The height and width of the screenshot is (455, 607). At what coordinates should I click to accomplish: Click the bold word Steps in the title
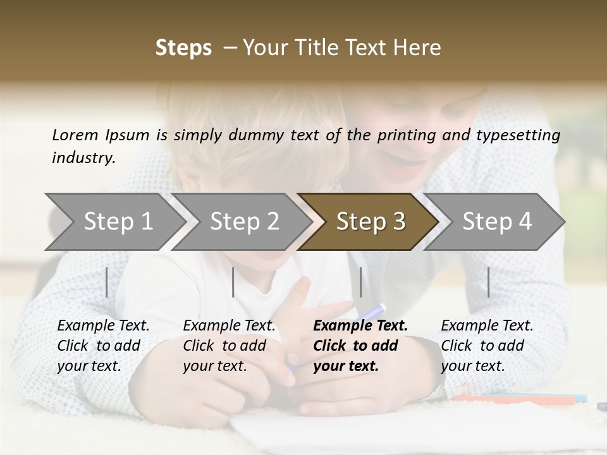[183, 48]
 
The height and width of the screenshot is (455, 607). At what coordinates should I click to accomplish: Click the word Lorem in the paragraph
[75, 135]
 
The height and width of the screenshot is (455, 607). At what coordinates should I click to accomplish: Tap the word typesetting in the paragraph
[524, 135]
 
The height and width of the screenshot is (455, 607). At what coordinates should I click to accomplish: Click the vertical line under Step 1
[107, 282]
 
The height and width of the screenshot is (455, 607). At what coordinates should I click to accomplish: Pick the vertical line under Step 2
[233, 282]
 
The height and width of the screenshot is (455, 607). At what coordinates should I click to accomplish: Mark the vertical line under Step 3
[360, 282]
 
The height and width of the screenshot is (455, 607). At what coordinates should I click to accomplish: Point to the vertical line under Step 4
[489, 282]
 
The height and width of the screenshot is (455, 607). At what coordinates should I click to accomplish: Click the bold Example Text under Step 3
[360, 326]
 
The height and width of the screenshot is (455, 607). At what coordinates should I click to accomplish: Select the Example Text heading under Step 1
[103, 326]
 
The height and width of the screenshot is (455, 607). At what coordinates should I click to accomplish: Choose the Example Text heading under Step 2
[229, 326]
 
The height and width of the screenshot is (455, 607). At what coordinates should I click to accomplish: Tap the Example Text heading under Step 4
[487, 326]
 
